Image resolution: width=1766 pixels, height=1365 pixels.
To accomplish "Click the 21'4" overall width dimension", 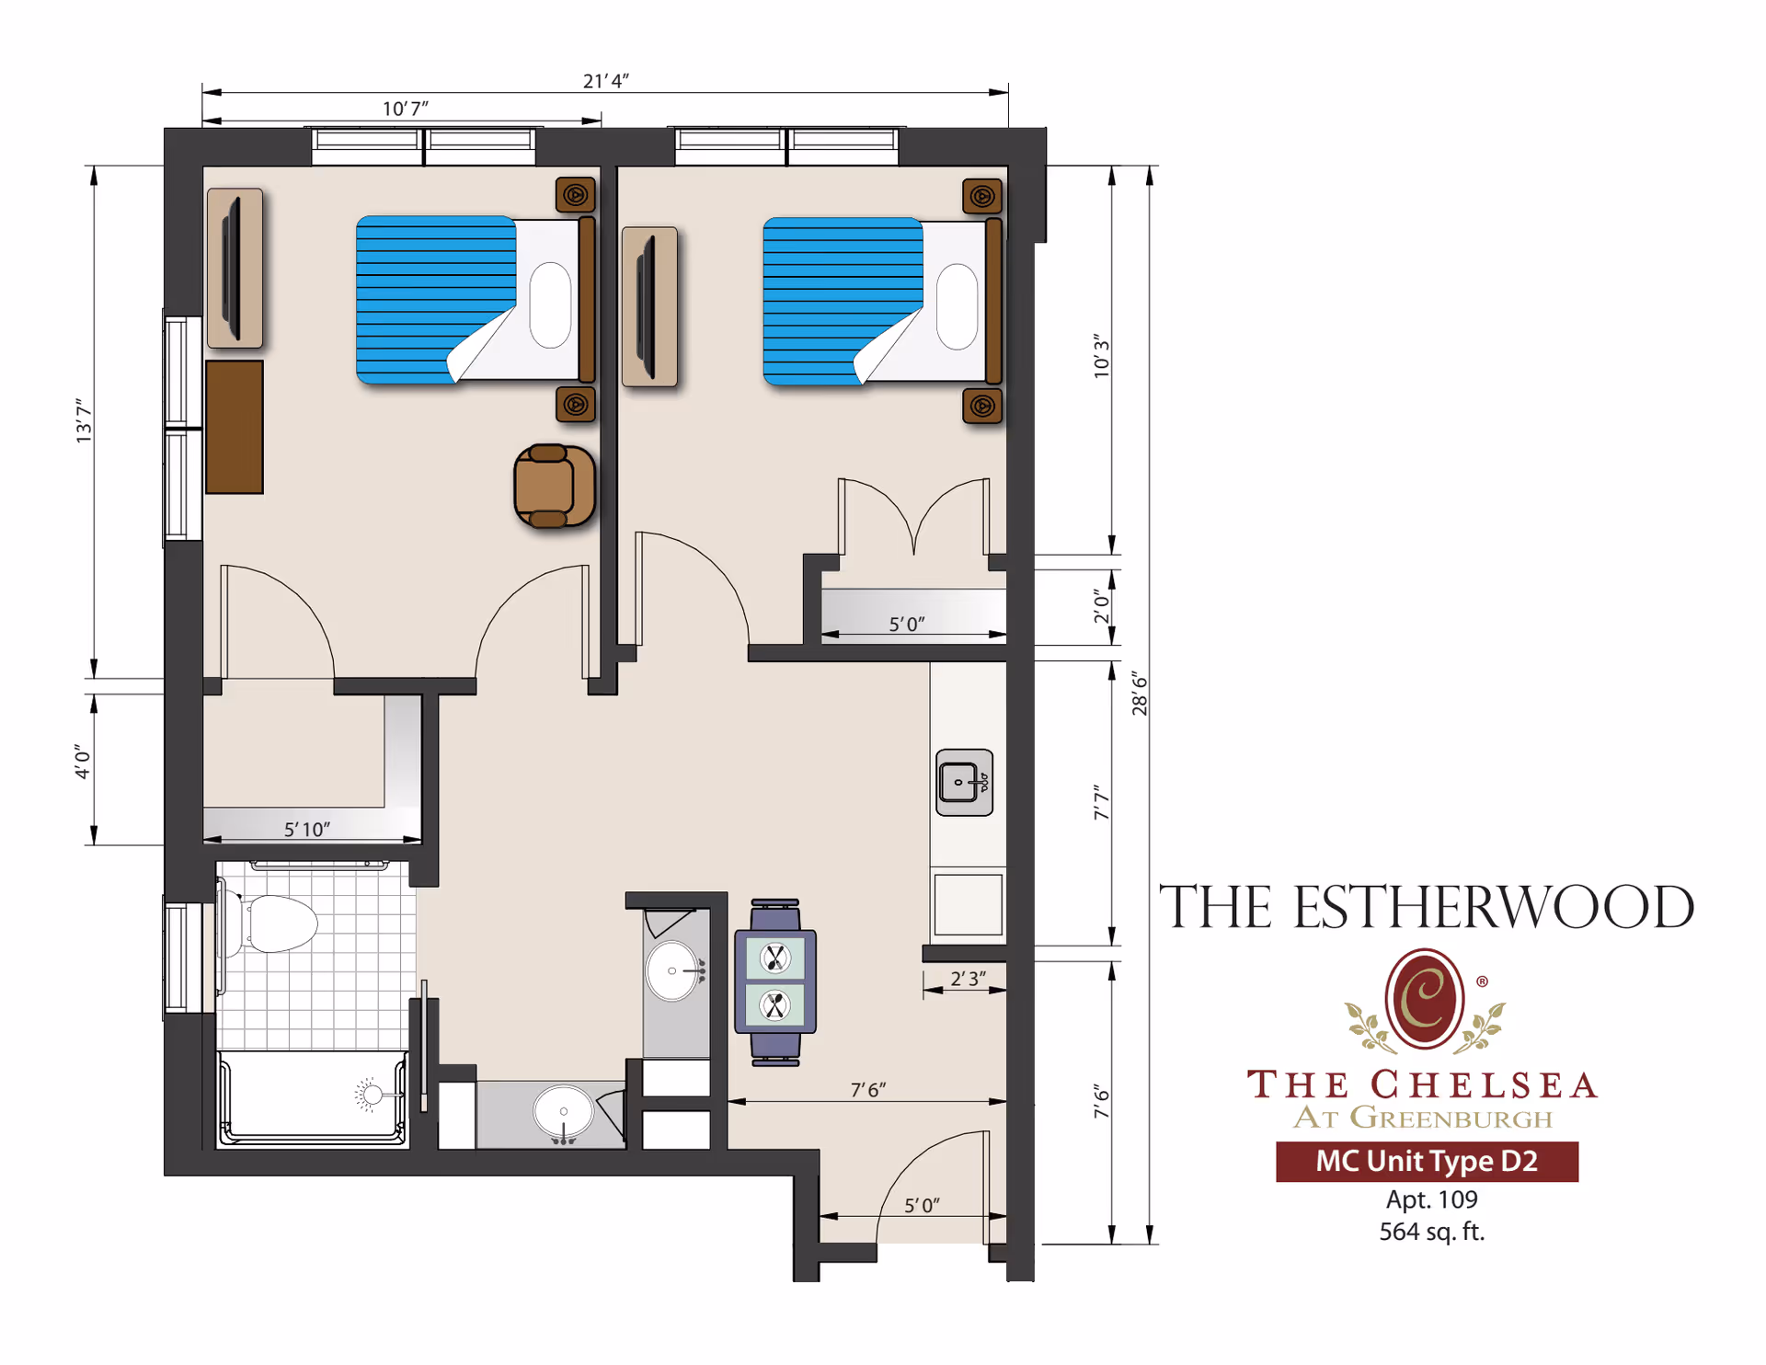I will [605, 81].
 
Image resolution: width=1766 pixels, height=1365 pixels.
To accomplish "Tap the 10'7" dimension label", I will [405, 109].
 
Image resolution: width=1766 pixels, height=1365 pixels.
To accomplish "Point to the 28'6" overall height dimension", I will [1140, 694].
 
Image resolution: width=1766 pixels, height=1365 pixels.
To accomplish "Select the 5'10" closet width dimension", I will [306, 829].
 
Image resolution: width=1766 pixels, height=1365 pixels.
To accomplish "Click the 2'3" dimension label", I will [968, 979].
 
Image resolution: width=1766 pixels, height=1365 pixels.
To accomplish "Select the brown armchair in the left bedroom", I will [553, 486].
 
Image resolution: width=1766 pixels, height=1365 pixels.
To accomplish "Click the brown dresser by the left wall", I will [235, 427].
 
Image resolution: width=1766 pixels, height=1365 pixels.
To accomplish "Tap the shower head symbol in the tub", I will [371, 1095].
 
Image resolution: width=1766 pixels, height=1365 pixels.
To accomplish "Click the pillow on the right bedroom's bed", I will [957, 306].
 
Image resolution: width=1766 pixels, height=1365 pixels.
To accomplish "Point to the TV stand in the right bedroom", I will [649, 306].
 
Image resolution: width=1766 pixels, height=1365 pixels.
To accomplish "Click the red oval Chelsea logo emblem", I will [1424, 999].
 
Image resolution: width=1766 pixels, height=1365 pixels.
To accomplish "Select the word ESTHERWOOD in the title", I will [1493, 908].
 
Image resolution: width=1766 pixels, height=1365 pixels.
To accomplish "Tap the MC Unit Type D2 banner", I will [1427, 1161].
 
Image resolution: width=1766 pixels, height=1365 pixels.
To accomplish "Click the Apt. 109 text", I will [1431, 1199].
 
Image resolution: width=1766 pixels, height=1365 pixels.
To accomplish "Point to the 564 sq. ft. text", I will [1431, 1232].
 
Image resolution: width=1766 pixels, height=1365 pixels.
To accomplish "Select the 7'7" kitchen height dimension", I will [1102, 802].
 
